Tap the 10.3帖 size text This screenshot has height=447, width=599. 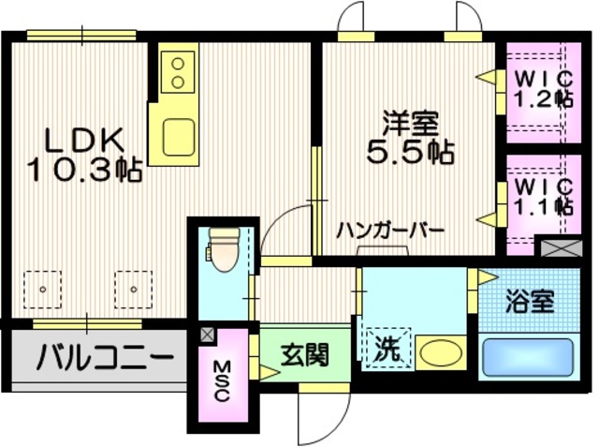pos(84,171)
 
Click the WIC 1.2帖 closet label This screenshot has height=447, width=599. pos(541,86)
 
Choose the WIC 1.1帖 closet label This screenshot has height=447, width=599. pos(541,198)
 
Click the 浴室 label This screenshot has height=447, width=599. pos(530,302)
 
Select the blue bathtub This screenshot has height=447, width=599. pos(527,357)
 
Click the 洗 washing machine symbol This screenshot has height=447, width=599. pos(387,350)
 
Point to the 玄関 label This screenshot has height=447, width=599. pos(304,355)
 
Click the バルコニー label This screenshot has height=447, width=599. pos(105,357)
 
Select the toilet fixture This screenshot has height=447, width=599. pos(223,248)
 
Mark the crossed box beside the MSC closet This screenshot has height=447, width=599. pos(207,333)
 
